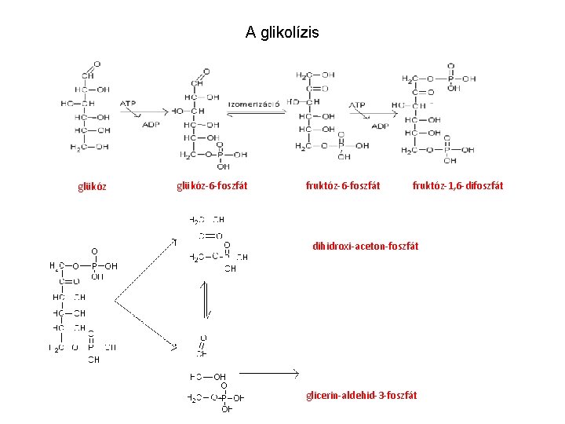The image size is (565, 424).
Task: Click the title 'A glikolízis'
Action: coord(282,32)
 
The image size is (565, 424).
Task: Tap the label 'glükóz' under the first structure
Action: coord(93,187)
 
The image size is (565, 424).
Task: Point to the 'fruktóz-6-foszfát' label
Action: coord(342,186)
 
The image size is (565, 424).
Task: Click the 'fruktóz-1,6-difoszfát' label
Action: coord(457,186)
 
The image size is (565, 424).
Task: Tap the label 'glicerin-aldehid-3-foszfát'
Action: coord(361,395)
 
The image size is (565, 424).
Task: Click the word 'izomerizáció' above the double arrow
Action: coord(254,104)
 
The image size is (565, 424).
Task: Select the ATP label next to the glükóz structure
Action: coord(128,104)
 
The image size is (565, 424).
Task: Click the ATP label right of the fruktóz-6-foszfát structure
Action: coord(357,104)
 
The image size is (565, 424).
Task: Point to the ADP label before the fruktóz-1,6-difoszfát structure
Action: coord(380,126)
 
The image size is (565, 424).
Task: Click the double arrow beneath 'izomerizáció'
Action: coord(256,115)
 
